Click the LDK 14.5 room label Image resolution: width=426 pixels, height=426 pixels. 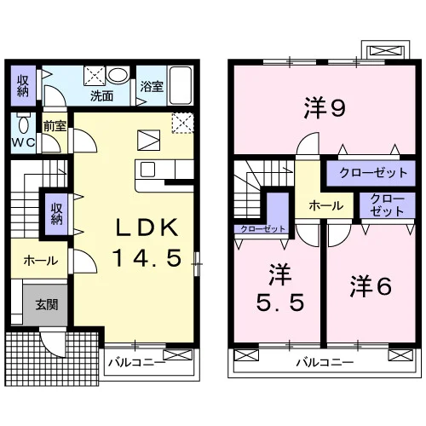tap(147, 242)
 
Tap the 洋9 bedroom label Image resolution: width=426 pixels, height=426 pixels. tap(325, 107)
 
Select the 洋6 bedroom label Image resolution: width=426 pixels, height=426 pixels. tap(371, 286)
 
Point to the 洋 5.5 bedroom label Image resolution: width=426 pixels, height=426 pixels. tap(280, 287)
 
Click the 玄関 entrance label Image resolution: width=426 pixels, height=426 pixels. tap(47, 304)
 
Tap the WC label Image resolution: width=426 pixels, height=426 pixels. tap(23, 142)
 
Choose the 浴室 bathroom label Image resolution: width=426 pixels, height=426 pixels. tap(152, 87)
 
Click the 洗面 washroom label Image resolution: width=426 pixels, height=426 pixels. tap(101, 96)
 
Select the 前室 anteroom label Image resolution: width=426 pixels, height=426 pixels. tap(55, 126)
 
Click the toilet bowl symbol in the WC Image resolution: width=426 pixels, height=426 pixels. tap(24, 123)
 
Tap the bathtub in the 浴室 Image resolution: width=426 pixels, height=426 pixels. tap(181, 85)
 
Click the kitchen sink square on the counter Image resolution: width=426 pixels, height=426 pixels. tap(148, 170)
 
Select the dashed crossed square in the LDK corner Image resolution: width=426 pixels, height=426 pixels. tap(182, 123)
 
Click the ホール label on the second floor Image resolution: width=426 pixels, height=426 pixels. tap(326, 205)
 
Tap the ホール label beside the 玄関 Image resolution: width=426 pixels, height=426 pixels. tap(41, 261)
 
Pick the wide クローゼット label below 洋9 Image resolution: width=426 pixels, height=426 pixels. tap(373, 173)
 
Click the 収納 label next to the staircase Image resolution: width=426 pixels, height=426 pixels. tap(57, 214)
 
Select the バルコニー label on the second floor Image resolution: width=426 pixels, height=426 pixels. tap(325, 362)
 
